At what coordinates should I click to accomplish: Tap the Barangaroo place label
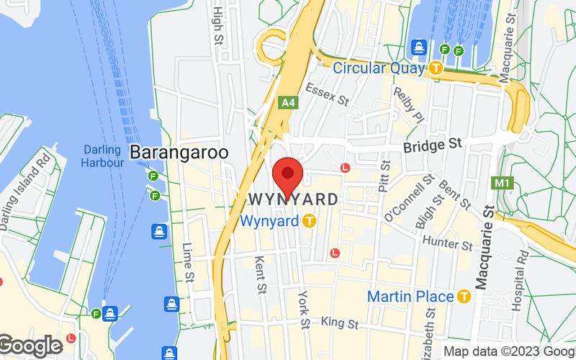pos(179,153)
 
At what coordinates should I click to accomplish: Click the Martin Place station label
pos(410,296)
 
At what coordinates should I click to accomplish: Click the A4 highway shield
pos(288,103)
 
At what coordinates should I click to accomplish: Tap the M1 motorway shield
pos(502,183)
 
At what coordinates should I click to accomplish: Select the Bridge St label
pos(432,145)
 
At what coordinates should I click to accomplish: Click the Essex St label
pos(327,94)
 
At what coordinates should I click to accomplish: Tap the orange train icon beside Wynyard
pos(309,221)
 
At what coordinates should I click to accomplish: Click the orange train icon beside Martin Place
pos(464,296)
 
